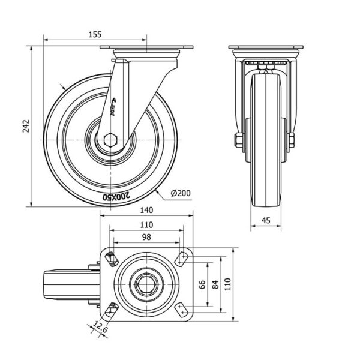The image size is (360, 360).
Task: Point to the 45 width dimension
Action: pos(265,220)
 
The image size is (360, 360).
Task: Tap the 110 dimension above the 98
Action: pos(146,224)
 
